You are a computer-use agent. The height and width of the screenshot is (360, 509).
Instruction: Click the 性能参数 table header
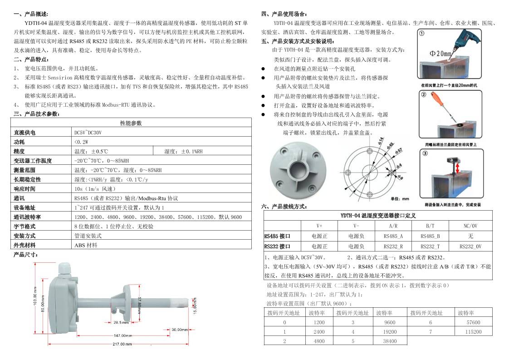(131, 123)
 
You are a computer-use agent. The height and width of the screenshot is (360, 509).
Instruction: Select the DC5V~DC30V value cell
(88, 133)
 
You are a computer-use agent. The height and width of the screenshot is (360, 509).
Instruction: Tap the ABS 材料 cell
(86, 245)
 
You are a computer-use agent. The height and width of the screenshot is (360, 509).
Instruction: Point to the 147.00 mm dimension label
(122, 335)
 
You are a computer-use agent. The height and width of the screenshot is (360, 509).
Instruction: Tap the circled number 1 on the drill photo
(421, 33)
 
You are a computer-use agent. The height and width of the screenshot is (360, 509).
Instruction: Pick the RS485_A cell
(393, 236)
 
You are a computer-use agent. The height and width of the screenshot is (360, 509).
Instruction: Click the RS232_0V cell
(470, 246)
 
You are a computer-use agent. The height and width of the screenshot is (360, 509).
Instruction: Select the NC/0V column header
(470, 226)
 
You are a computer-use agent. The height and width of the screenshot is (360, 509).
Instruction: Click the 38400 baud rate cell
(390, 341)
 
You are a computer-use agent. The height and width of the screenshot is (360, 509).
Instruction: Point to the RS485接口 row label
(277, 236)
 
